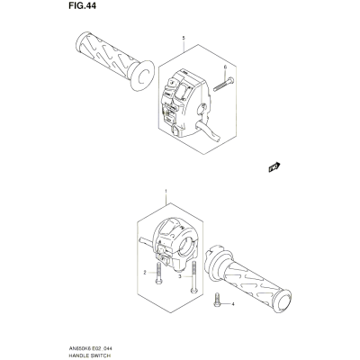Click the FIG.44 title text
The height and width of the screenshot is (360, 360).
pyautogui.click(x=82, y=5)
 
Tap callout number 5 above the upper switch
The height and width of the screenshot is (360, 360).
pyautogui.click(x=184, y=38)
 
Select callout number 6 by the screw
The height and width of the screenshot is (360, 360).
pyautogui.click(x=225, y=67)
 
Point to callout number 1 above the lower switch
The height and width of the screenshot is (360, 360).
pyautogui.click(x=166, y=191)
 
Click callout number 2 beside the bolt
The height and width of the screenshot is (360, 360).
pyautogui.click(x=145, y=273)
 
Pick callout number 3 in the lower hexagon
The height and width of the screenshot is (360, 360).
pyautogui.click(x=180, y=276)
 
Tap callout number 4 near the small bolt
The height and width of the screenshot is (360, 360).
pyautogui.click(x=233, y=304)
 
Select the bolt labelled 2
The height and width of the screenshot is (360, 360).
pyautogui.click(x=158, y=273)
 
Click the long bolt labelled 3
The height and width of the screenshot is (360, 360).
pyautogui.click(x=193, y=276)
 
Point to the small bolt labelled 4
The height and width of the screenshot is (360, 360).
pyautogui.click(x=217, y=300)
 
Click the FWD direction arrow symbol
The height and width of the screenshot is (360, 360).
pyautogui.click(x=274, y=167)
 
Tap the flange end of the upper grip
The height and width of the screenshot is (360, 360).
pyautogui.click(x=142, y=75)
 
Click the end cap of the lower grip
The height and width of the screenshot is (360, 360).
pyautogui.click(x=283, y=300)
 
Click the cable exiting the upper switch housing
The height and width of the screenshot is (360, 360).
pyautogui.click(x=208, y=130)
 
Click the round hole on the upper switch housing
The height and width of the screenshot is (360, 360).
pyautogui.click(x=202, y=108)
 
